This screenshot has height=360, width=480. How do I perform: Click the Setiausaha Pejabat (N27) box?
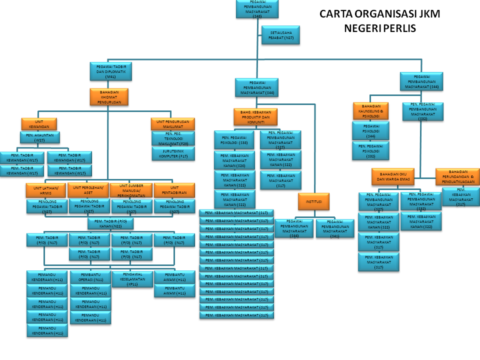point(281,34)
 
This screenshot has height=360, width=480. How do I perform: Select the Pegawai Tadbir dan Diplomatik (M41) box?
point(110,71)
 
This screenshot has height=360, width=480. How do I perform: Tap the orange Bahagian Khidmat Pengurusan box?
point(109,96)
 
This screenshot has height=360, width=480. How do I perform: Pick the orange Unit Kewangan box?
point(39,123)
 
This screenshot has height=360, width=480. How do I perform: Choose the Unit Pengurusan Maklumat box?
point(172,123)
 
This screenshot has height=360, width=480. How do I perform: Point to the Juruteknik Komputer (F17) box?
point(173,153)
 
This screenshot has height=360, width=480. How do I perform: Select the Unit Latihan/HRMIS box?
point(46,190)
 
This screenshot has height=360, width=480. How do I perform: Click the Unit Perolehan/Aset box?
point(88,190)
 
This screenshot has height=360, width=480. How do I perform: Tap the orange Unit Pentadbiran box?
point(174,190)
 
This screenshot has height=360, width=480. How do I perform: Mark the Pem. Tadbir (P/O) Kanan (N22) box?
point(111,223)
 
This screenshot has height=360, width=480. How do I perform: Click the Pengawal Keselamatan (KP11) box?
point(132,278)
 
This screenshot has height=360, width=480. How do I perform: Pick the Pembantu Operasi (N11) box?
point(90,277)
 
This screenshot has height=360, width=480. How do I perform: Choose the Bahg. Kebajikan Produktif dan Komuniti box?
point(255,117)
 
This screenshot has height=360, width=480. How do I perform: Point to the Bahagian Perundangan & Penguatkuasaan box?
point(457,176)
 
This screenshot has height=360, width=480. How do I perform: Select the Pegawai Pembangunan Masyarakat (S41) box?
point(334,228)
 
